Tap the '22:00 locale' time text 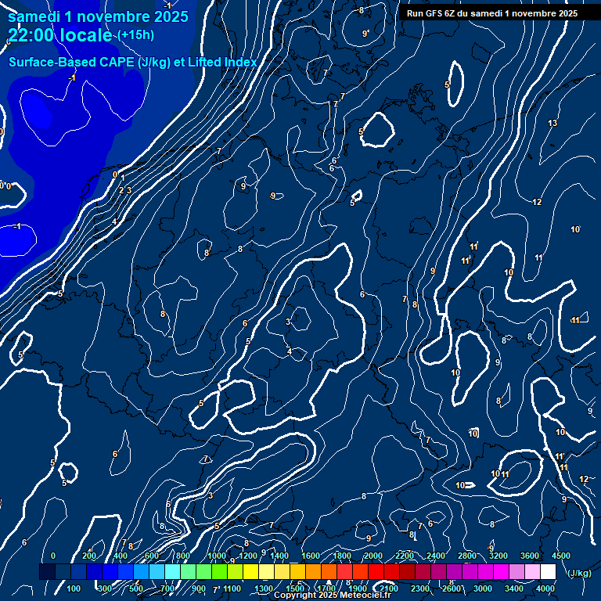(x=60, y=35)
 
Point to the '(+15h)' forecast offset (x=136, y=35)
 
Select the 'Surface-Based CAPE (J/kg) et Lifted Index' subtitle (x=133, y=63)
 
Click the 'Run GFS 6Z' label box (x=492, y=13)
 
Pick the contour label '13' (x=552, y=124)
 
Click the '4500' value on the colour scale (x=561, y=556)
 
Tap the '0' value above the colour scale (x=53, y=556)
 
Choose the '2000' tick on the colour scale (x=373, y=556)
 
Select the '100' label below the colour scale (x=74, y=588)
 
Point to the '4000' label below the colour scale (x=545, y=588)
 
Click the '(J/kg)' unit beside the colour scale (x=578, y=574)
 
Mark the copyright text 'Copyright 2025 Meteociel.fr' (x=332, y=596)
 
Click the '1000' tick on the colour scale (x=217, y=556)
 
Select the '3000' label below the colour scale (x=483, y=588)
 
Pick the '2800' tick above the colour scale (x=467, y=556)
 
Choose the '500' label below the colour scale (x=137, y=588)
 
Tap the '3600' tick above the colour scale (x=530, y=556)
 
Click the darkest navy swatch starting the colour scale (x=47, y=572)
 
